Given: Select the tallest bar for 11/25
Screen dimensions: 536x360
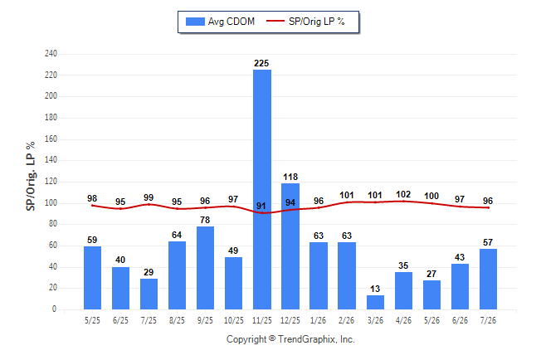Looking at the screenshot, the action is [262, 189].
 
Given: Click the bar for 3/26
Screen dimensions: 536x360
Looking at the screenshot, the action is [375, 302].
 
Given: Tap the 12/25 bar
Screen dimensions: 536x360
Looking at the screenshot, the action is [290, 246].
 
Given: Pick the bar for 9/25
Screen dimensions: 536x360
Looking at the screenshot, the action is [206, 268].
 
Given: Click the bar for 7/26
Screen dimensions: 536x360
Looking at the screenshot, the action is [488, 279].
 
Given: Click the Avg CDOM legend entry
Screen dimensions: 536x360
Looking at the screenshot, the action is [220, 22].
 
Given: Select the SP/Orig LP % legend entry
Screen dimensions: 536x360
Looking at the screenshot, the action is [305, 22].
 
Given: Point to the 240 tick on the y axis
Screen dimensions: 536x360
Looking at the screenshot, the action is [51, 53].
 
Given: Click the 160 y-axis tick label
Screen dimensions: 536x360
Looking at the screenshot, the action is [51, 139].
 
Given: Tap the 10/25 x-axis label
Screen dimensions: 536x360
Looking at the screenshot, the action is [234, 320].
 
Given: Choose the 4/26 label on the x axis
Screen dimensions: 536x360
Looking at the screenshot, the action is [403, 320].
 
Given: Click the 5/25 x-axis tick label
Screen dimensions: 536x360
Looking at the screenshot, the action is [92, 320].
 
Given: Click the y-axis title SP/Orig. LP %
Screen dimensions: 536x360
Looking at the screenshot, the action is [31, 176].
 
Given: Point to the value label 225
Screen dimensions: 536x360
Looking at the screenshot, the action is [261, 63].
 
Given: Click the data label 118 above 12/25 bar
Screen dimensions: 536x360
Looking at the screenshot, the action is [290, 177].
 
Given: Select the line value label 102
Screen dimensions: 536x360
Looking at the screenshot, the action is [403, 194].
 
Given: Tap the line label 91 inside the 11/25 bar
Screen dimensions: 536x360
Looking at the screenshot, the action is [261, 206].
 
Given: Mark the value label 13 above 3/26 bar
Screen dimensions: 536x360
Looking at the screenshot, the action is [375, 289].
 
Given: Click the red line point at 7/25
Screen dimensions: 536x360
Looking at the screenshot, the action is [149, 204].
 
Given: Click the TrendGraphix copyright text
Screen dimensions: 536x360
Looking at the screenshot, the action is [290, 339].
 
